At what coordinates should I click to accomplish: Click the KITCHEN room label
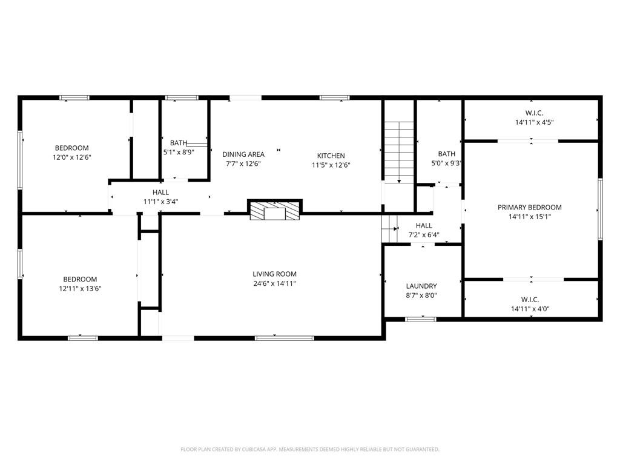pos(331,156)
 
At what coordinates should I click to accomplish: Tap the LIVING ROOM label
pos(274,274)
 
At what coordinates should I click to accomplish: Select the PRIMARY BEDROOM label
pos(529,207)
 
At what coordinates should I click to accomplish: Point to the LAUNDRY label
pos(421,286)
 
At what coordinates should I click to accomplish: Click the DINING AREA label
pos(243,154)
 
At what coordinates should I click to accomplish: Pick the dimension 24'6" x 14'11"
pos(274,283)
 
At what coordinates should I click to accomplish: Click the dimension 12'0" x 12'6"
pos(72,157)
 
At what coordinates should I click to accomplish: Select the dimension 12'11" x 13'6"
pos(81,289)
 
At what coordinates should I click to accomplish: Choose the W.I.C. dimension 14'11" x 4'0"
pos(530,309)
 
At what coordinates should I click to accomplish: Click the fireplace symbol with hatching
pos(275,210)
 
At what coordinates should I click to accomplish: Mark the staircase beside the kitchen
pos(400,151)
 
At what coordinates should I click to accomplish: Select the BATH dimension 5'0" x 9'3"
pos(446,163)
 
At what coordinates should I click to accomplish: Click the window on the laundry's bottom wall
pos(421,319)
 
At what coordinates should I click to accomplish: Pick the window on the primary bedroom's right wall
pos(600,209)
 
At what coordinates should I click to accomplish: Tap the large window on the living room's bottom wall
pos(285,338)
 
